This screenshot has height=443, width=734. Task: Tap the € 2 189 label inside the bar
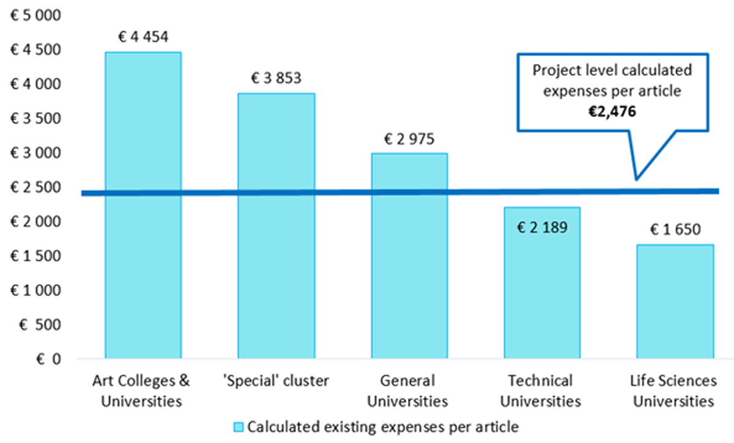click(x=542, y=228)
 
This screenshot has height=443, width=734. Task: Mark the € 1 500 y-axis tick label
click(x=36, y=256)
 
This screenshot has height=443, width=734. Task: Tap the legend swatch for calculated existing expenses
click(x=239, y=426)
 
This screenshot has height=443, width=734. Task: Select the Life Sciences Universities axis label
click(x=673, y=391)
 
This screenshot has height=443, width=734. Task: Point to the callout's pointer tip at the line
click(x=637, y=179)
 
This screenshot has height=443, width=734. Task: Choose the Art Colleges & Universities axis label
click(x=142, y=391)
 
